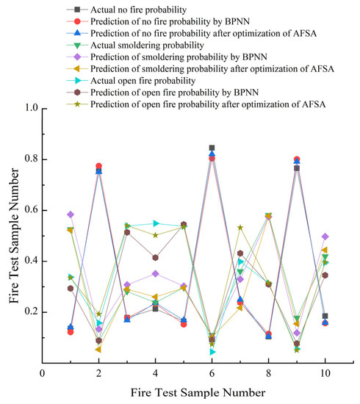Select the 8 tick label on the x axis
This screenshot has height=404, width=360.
point(269,373)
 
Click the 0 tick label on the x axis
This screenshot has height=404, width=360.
point(43,373)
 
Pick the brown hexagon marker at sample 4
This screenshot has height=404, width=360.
point(156,258)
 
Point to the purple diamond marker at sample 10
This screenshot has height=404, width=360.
point(325,237)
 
